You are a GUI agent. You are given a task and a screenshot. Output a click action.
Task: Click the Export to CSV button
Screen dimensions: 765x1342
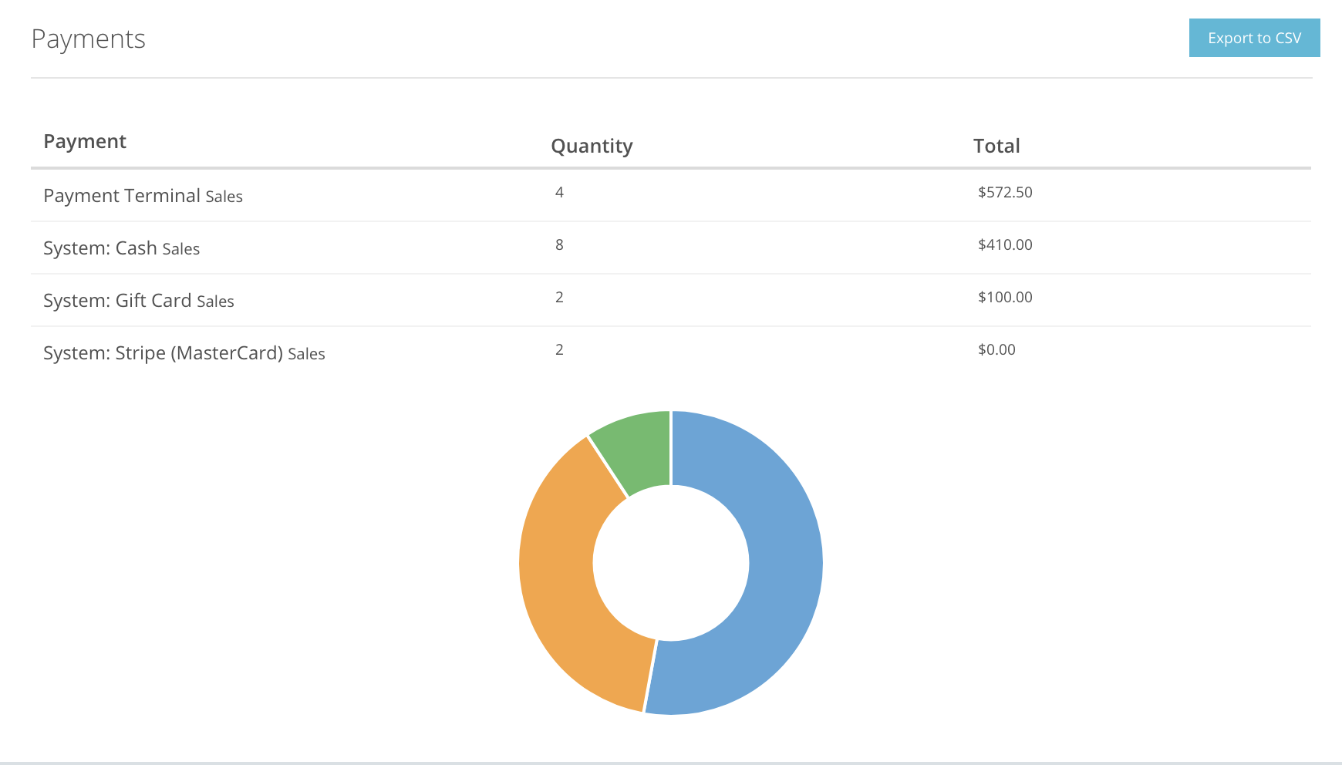(x=1254, y=39)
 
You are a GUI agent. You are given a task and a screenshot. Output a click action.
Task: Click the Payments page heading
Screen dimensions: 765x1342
(x=88, y=39)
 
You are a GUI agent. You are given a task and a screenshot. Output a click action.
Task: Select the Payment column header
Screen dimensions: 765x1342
(x=85, y=142)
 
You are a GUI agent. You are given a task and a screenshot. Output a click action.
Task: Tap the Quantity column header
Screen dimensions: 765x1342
(x=592, y=147)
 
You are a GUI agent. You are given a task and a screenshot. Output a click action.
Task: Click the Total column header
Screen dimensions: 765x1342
(x=996, y=147)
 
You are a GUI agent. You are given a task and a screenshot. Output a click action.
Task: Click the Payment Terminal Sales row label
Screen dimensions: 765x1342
(x=143, y=196)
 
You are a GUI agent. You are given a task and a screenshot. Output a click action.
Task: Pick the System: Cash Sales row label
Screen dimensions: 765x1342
(x=121, y=248)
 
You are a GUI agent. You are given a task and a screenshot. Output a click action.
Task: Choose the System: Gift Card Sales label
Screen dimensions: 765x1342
(x=138, y=301)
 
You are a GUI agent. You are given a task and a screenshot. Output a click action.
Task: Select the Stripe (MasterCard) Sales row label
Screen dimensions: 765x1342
(x=184, y=353)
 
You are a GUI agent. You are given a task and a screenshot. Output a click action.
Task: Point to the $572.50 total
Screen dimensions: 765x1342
(x=1005, y=192)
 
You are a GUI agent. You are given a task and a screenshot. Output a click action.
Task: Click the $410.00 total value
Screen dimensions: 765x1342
(x=1005, y=244)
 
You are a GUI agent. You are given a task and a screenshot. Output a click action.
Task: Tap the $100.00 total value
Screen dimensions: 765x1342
(x=1005, y=297)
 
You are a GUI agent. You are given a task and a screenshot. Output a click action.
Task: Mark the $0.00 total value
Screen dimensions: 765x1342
(x=996, y=349)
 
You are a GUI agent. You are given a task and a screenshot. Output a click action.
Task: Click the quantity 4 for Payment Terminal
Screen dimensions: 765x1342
(x=559, y=192)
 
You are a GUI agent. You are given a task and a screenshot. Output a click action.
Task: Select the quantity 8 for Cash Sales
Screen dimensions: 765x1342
(x=559, y=244)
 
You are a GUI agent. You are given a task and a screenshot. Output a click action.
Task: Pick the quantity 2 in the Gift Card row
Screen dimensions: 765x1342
(x=559, y=297)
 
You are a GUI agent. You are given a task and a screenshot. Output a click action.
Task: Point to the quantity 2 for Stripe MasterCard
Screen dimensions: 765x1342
(x=559, y=349)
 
